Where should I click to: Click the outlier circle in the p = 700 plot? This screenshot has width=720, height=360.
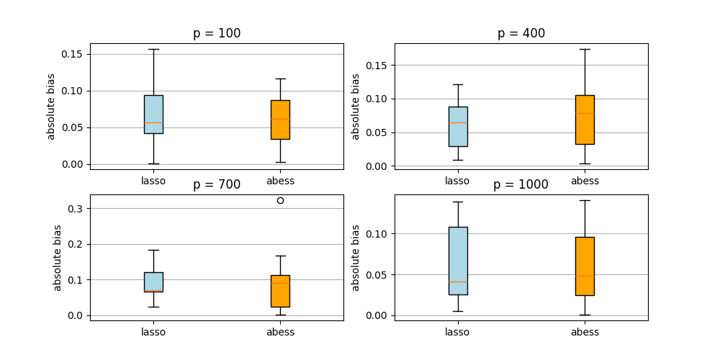[280, 200]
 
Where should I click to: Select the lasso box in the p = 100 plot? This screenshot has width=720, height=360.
[153, 114]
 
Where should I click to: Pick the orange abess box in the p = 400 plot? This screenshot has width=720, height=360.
[585, 120]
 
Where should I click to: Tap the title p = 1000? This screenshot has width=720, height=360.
[521, 184]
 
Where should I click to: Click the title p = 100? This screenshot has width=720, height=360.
[217, 33]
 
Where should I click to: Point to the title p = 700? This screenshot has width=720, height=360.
[217, 184]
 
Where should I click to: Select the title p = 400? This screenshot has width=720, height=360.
[521, 33]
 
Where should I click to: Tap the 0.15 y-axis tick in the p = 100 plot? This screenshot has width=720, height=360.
[73, 54]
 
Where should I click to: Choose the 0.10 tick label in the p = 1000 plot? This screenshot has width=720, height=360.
[378, 234]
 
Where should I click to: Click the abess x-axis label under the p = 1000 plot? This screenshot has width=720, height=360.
[585, 332]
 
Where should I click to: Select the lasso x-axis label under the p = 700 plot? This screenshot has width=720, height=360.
[153, 332]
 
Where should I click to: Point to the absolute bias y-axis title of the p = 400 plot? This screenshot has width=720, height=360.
[355, 107]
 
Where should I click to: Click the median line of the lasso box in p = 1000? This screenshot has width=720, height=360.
[458, 282]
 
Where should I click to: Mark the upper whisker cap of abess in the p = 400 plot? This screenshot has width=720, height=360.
[585, 49]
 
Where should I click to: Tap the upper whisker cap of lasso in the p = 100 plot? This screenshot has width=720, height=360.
[153, 49]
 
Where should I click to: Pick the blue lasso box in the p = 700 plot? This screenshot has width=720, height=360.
[153, 282]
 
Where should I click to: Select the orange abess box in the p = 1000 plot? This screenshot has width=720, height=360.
[585, 266]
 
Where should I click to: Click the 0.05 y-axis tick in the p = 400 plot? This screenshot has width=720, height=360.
[378, 132]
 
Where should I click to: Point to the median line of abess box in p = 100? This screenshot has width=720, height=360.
[280, 119]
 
